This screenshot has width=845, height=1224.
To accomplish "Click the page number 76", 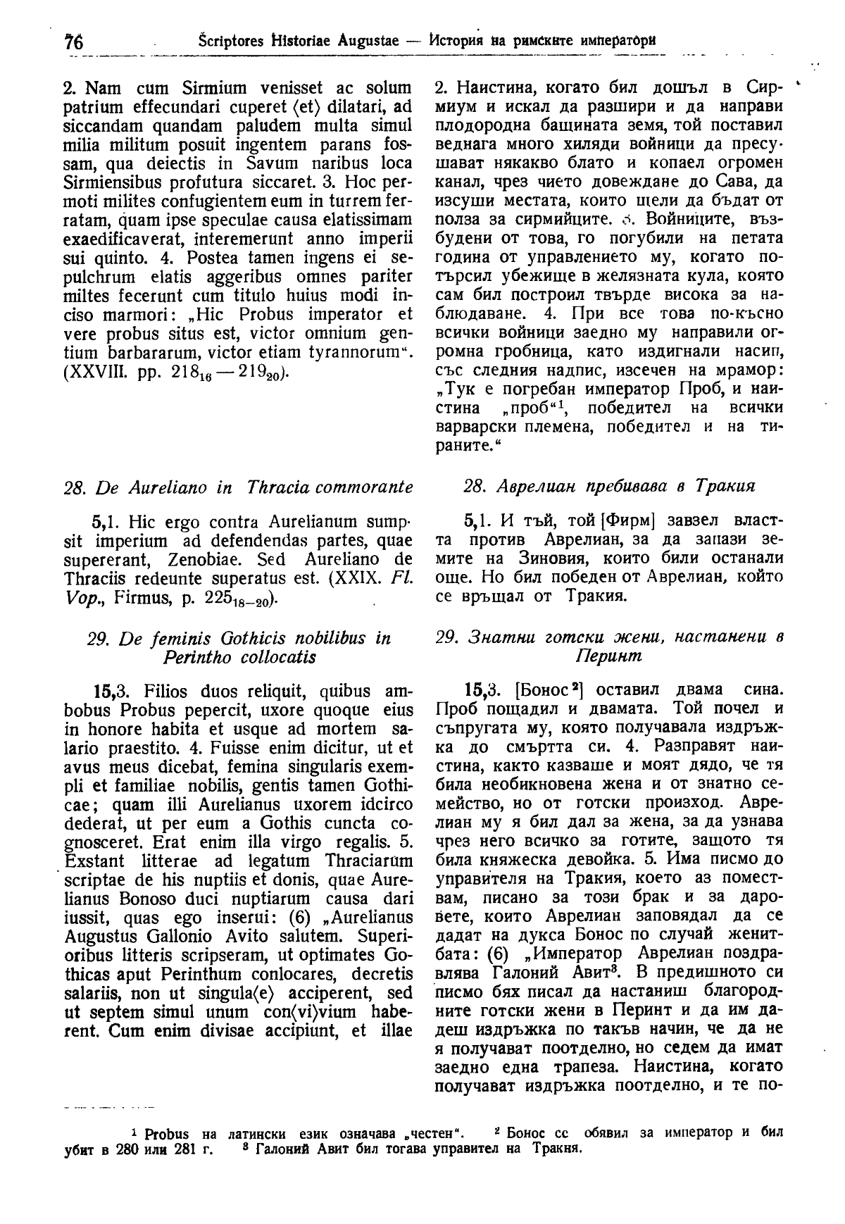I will (73, 42).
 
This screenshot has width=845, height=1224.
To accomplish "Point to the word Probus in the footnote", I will (164, 1134).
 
